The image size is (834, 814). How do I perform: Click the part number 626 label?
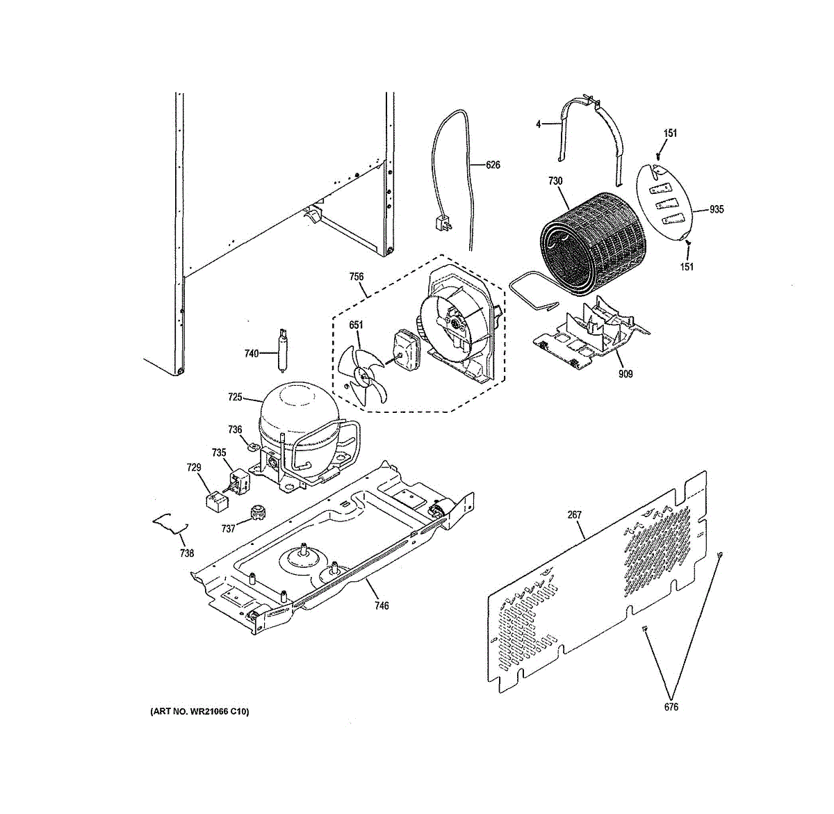click(493, 165)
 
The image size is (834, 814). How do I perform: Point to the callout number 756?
click(356, 277)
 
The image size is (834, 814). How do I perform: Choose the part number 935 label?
click(717, 209)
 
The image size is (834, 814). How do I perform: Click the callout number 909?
click(625, 374)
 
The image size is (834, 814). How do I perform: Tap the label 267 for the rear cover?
click(574, 515)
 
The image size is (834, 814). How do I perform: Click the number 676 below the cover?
click(671, 708)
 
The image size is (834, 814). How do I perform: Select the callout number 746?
click(381, 605)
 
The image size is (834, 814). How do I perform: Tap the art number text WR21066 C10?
click(199, 712)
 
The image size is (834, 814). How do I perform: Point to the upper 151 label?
click(670, 133)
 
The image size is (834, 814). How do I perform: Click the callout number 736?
click(235, 430)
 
